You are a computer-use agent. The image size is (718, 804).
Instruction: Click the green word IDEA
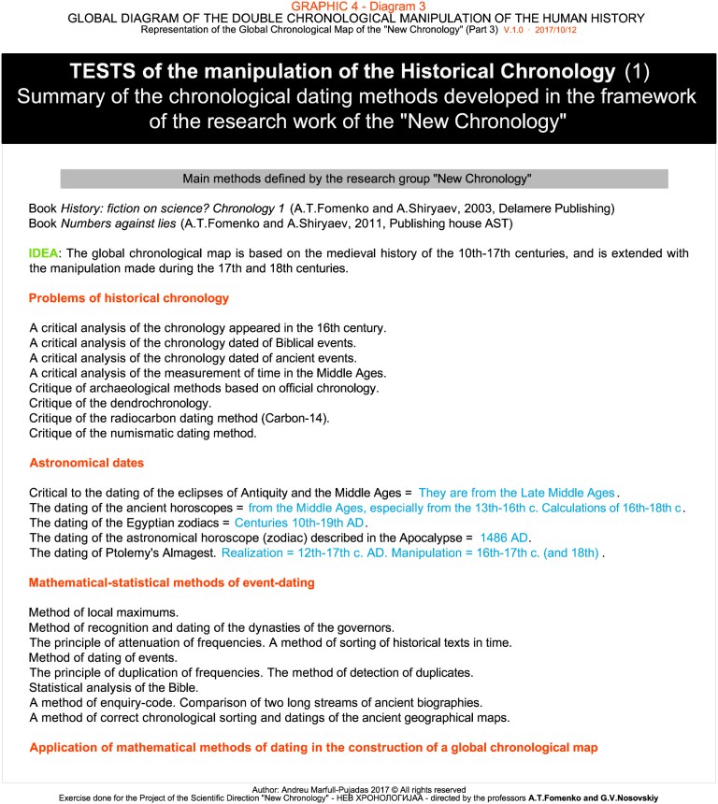pyautogui.click(x=44, y=253)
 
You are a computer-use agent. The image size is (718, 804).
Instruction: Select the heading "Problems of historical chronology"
pyautogui.click(x=129, y=298)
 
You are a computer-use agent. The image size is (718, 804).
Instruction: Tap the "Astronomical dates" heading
pyautogui.click(x=86, y=463)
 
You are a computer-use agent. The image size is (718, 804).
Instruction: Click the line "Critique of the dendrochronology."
pyautogui.click(x=121, y=403)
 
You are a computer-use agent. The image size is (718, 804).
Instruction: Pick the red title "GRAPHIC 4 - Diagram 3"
pyautogui.click(x=359, y=7)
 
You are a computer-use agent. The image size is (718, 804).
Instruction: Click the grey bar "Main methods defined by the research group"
pyautogui.click(x=364, y=179)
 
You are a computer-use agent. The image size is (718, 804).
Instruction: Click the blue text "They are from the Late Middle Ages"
pyautogui.click(x=517, y=492)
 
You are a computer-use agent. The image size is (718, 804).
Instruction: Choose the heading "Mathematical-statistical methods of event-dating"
pyautogui.click(x=171, y=582)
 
